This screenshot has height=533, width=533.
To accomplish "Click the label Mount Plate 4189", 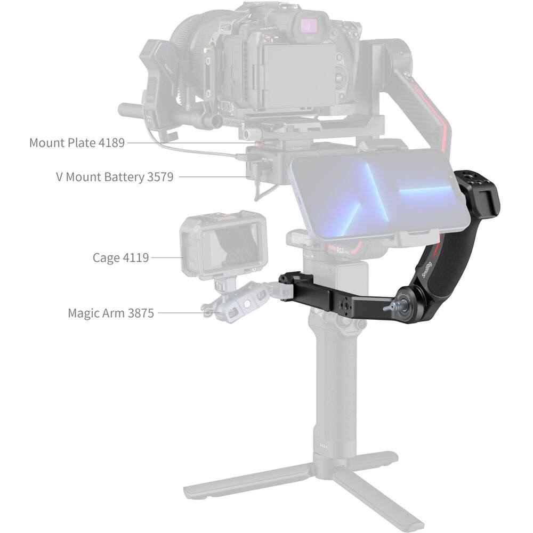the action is click(77, 143).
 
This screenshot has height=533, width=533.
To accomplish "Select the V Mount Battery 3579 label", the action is click(115, 177).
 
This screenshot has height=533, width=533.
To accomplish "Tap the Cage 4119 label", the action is click(120, 257).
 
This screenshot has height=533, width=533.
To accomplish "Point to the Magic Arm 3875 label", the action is click(111, 313).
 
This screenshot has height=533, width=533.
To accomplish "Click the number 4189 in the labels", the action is click(111, 143).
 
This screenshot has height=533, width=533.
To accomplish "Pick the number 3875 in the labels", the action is click(140, 313).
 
